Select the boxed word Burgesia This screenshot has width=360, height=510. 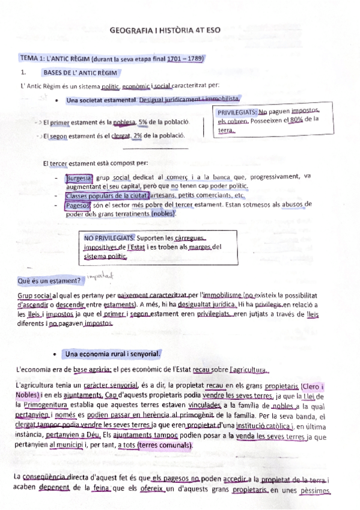pos(79,178)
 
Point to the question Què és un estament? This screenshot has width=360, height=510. pos(46,281)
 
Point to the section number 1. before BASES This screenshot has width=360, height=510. pos(22,73)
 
